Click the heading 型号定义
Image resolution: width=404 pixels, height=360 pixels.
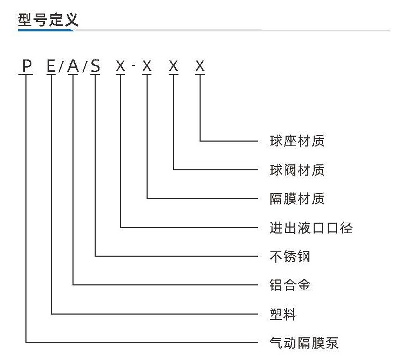tap(48, 19)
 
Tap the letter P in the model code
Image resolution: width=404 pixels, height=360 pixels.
tap(27, 65)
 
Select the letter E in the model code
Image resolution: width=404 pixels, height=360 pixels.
tap(51, 65)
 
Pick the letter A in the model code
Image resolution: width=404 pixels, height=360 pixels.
tap(73, 65)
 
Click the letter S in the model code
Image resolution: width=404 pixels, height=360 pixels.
tap(95, 65)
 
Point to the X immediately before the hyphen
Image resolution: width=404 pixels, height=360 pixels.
tap(120, 65)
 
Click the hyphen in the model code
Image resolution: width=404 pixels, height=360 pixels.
tap(134, 65)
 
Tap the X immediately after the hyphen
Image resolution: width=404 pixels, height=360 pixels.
tap(147, 65)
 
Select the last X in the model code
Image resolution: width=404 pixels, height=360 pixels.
tap(200, 65)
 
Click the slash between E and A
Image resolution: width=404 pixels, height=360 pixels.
tap(61, 66)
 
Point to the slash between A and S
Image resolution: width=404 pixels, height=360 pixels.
tap(85, 66)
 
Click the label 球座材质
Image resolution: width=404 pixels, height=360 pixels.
tap(297, 141)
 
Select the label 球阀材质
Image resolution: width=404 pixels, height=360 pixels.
tap(297, 170)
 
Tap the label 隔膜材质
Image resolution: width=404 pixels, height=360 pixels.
tap(297, 198)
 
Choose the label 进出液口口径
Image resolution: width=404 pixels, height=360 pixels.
tap(311, 228)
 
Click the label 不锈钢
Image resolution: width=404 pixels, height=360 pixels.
tap(290, 256)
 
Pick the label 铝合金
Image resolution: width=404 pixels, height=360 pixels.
tap(290, 285)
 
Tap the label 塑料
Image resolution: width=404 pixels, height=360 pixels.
tap(283, 314)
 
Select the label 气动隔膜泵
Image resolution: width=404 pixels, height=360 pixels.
tap(304, 343)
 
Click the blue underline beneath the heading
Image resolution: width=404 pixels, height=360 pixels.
tap(46, 30)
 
